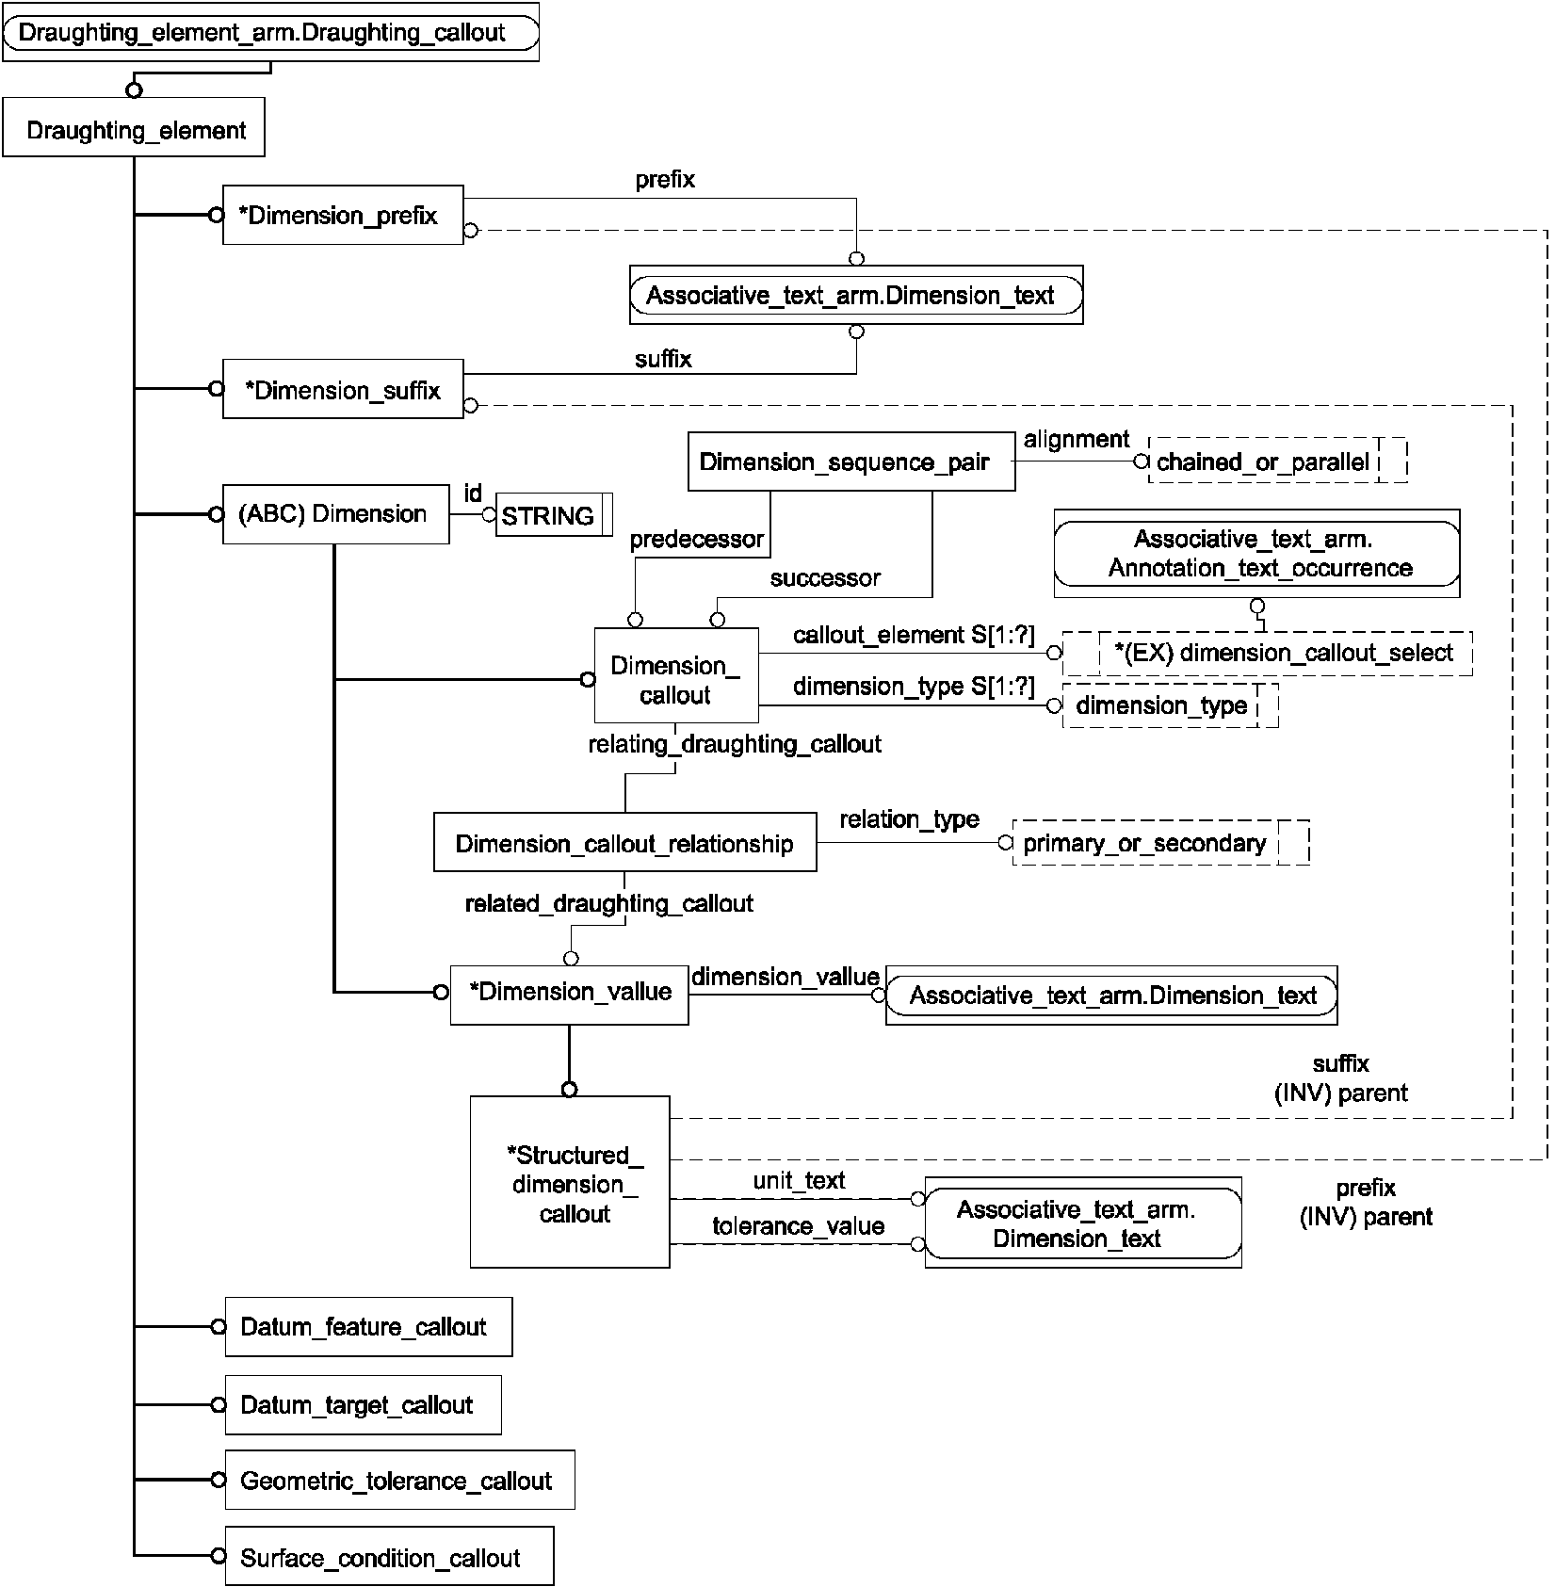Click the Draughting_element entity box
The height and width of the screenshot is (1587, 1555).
pyautogui.click(x=134, y=128)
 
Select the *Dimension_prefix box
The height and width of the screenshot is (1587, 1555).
pyautogui.click(x=343, y=216)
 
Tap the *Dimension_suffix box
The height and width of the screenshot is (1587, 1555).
pyautogui.click(x=343, y=389)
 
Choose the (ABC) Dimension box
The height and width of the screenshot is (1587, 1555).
pyautogui.click(x=336, y=514)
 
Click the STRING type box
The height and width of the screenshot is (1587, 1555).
pyautogui.click(x=555, y=515)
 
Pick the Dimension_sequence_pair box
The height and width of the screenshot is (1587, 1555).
pyautogui.click(x=851, y=462)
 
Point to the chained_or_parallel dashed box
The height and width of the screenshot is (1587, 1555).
pyautogui.click(x=1278, y=462)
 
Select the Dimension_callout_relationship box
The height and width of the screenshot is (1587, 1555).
pyautogui.click(x=625, y=842)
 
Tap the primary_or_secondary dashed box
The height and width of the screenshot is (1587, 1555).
pyautogui.click(x=1160, y=842)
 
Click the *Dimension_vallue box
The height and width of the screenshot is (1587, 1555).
pyautogui.click(x=570, y=995)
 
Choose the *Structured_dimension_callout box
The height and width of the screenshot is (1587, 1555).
pyautogui.click(x=570, y=1182)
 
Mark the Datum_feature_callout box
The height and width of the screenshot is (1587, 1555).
pyautogui.click(x=369, y=1327)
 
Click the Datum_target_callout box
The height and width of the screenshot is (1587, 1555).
pyautogui.click(x=364, y=1405)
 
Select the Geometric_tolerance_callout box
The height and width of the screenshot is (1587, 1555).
pyautogui.click(x=400, y=1480)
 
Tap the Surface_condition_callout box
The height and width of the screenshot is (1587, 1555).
pyautogui.click(x=390, y=1556)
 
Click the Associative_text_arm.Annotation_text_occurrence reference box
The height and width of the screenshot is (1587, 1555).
pyautogui.click(x=1257, y=554)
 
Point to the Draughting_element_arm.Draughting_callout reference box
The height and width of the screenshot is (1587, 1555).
pyautogui.click(x=271, y=32)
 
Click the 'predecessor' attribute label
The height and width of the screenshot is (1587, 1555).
pyautogui.click(x=697, y=540)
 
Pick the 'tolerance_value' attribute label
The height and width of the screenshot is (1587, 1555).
pyautogui.click(x=799, y=1226)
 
